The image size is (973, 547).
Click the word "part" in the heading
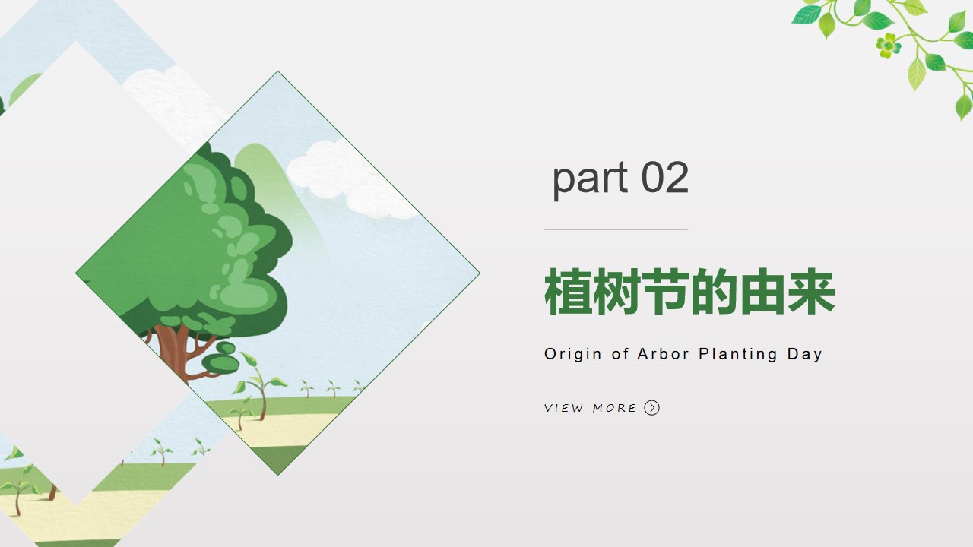point(591,179)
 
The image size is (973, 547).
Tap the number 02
point(665,177)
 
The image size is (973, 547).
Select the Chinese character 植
point(568,291)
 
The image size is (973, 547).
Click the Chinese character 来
point(811,291)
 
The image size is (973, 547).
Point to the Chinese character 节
point(666,291)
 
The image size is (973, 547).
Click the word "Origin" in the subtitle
point(573,354)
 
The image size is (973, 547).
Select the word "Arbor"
point(664,354)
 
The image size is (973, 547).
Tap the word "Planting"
point(738,354)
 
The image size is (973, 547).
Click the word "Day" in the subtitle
point(804,354)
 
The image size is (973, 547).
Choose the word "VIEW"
point(564,408)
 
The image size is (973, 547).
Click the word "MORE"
point(614,408)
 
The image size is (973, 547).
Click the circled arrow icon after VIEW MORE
point(651,408)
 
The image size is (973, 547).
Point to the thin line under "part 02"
point(616,229)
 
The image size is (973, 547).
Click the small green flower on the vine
point(889,45)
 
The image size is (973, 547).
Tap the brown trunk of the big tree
point(173,353)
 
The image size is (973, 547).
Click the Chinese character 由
point(763,291)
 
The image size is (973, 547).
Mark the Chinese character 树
point(617,291)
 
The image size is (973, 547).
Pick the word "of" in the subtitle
point(620,354)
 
